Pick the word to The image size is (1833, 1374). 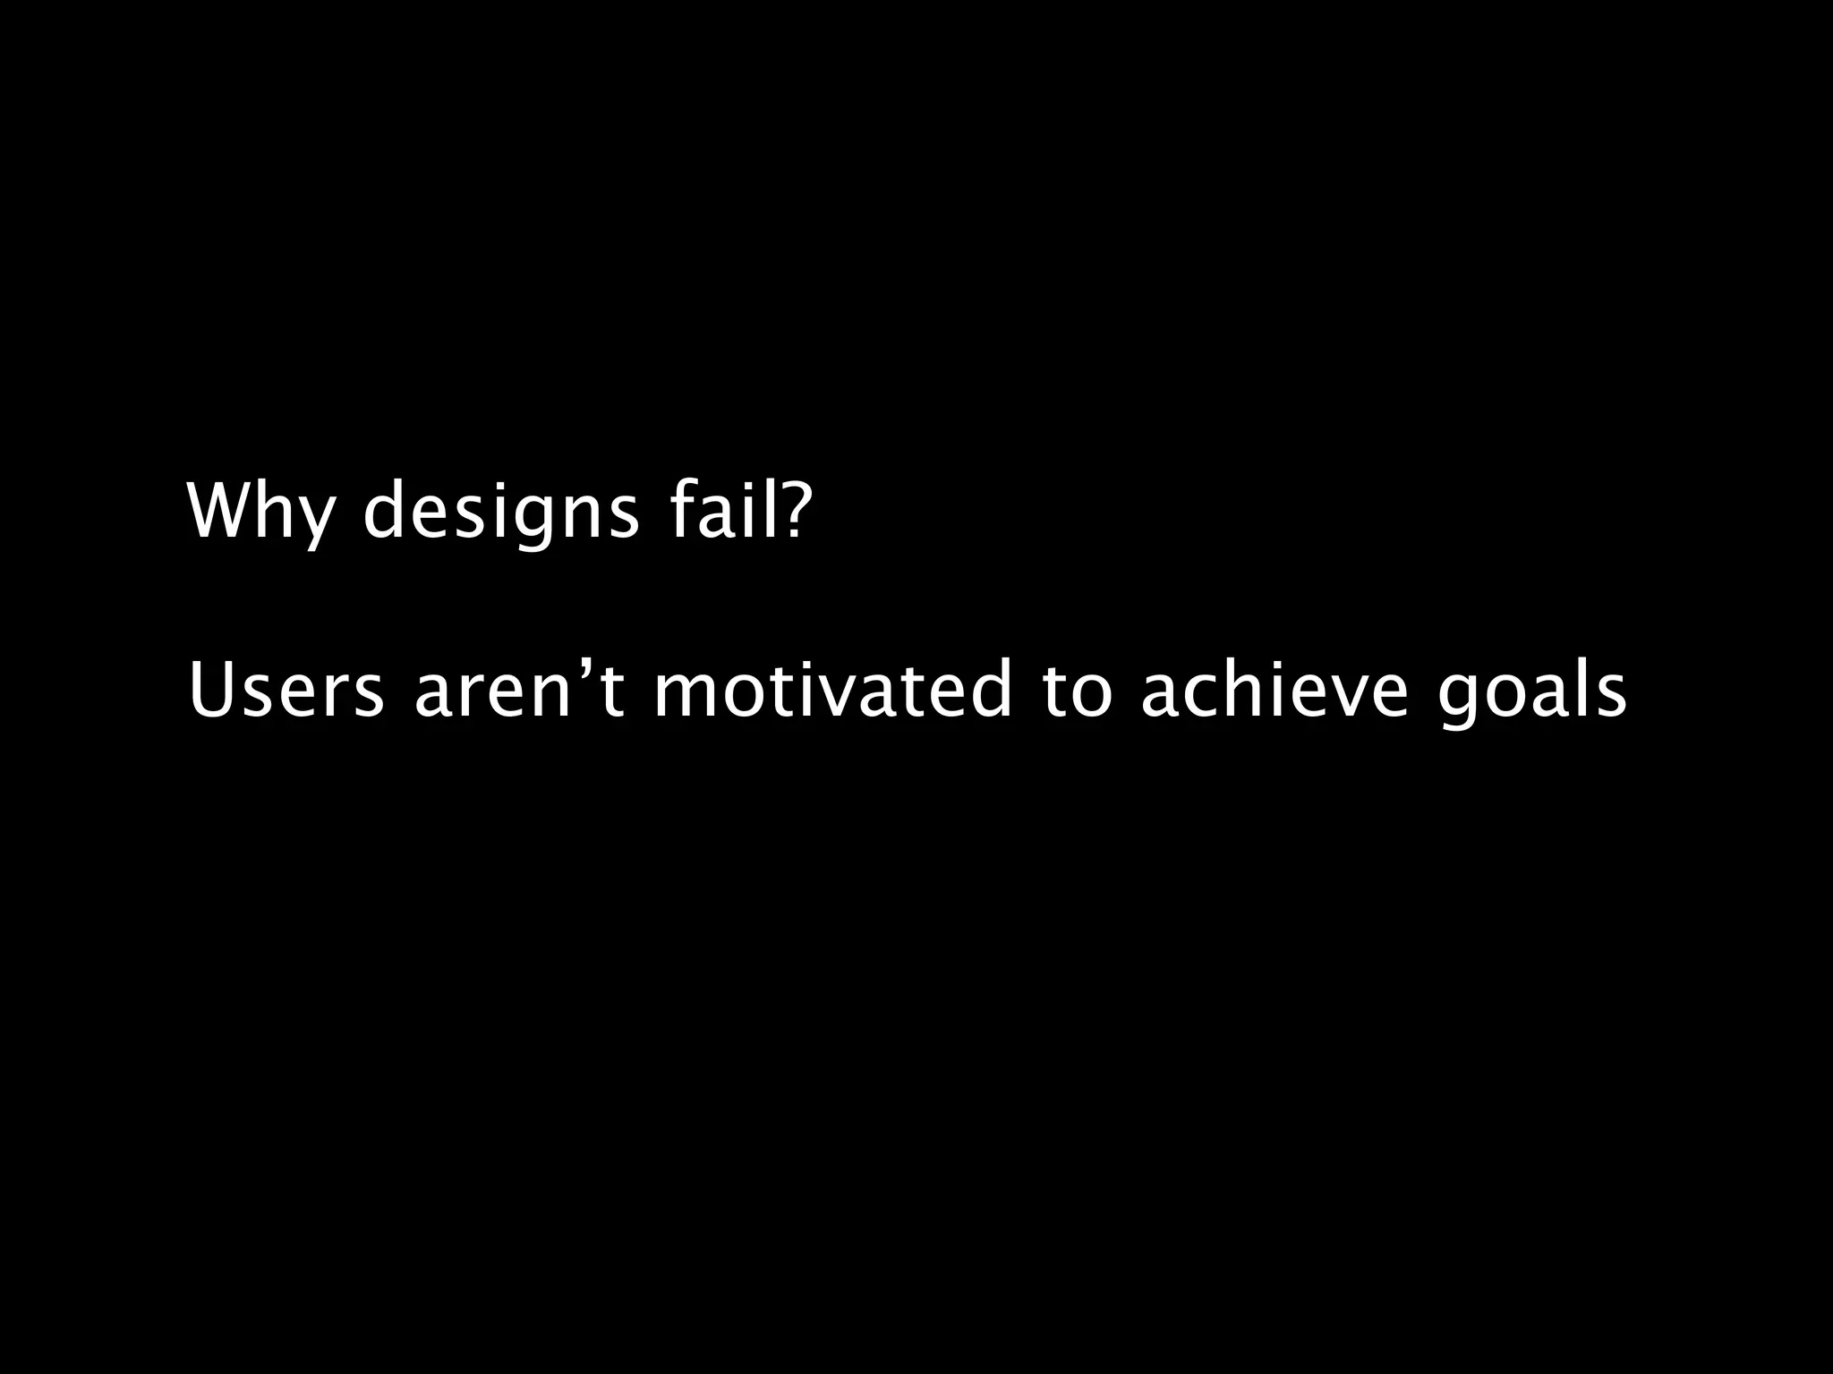pyautogui.click(x=1078, y=691)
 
